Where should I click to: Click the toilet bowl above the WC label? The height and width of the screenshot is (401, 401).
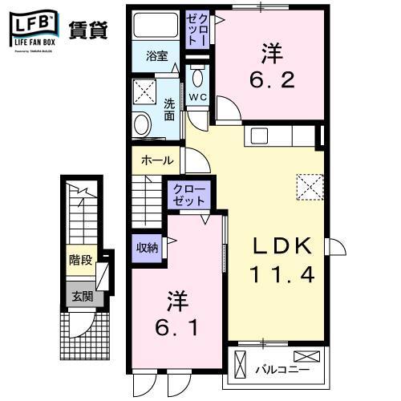197,77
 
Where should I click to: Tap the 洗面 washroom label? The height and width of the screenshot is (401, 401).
170,108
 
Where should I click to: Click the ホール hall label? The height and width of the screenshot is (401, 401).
156,160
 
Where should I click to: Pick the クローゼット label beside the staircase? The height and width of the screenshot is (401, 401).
188,196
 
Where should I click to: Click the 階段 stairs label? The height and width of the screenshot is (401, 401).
79,261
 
